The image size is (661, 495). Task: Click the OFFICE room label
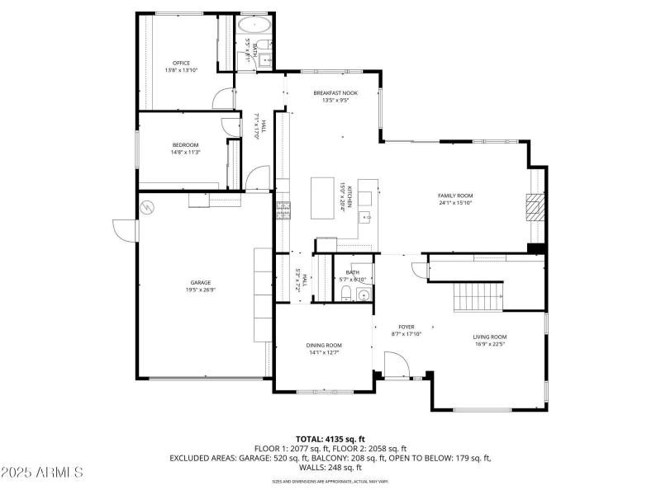(x=181, y=63)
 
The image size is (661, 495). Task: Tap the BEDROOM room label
(x=185, y=145)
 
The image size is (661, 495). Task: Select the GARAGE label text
(x=199, y=282)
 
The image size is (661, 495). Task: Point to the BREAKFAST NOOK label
(x=335, y=93)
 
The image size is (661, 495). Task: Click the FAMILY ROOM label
(x=455, y=196)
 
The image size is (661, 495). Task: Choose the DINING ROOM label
(x=324, y=345)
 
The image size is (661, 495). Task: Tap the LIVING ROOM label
(x=489, y=337)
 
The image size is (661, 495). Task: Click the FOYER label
(x=407, y=327)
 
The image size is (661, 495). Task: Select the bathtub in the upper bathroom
(x=255, y=26)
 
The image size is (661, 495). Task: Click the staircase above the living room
(x=479, y=295)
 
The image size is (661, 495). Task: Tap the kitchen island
(x=323, y=198)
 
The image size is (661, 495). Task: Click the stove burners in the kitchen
(x=283, y=210)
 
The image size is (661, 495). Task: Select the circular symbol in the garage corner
(x=148, y=206)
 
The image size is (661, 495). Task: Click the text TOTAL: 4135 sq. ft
(x=330, y=439)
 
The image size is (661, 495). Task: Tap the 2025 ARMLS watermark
(x=43, y=473)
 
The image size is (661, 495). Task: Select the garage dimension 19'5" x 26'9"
(x=199, y=290)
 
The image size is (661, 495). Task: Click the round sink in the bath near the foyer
(x=364, y=295)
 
